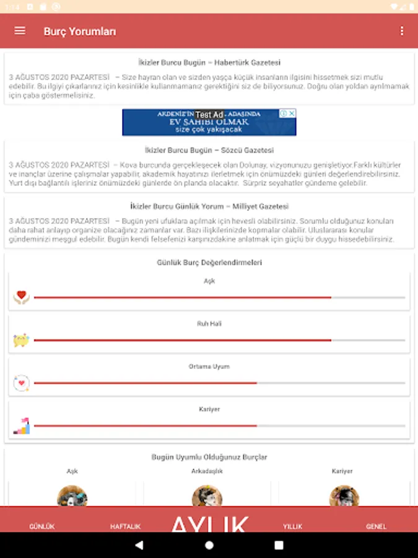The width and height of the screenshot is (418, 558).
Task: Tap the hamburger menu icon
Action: point(20,31)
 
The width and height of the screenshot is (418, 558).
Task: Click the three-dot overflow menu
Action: point(402,31)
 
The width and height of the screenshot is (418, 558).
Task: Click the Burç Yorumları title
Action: point(79,32)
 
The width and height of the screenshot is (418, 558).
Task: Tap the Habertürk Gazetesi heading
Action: point(209,63)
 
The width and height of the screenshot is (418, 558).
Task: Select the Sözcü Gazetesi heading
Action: point(209,150)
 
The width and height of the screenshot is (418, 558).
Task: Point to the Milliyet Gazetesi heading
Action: point(209,206)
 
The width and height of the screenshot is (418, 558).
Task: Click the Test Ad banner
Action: point(209,122)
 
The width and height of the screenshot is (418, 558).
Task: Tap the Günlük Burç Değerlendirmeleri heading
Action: point(209,262)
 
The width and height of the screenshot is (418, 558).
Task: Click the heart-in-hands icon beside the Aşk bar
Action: point(22,297)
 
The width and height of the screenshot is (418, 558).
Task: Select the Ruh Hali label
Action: point(209,324)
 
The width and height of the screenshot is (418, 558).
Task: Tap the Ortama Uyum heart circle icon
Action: point(22,383)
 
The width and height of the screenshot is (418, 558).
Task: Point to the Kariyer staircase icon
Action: point(22,425)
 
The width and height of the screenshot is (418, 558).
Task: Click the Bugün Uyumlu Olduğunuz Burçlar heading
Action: point(209,457)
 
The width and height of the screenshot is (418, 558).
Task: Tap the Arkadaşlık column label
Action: point(207,471)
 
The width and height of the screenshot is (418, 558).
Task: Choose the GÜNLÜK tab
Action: point(42,526)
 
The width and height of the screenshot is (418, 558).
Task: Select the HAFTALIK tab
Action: point(126,526)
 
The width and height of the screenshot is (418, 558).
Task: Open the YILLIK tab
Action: point(293,526)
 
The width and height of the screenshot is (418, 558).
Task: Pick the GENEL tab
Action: point(377,526)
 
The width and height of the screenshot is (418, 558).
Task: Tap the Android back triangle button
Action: point(139,546)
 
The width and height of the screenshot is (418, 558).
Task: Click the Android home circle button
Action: point(209,546)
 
